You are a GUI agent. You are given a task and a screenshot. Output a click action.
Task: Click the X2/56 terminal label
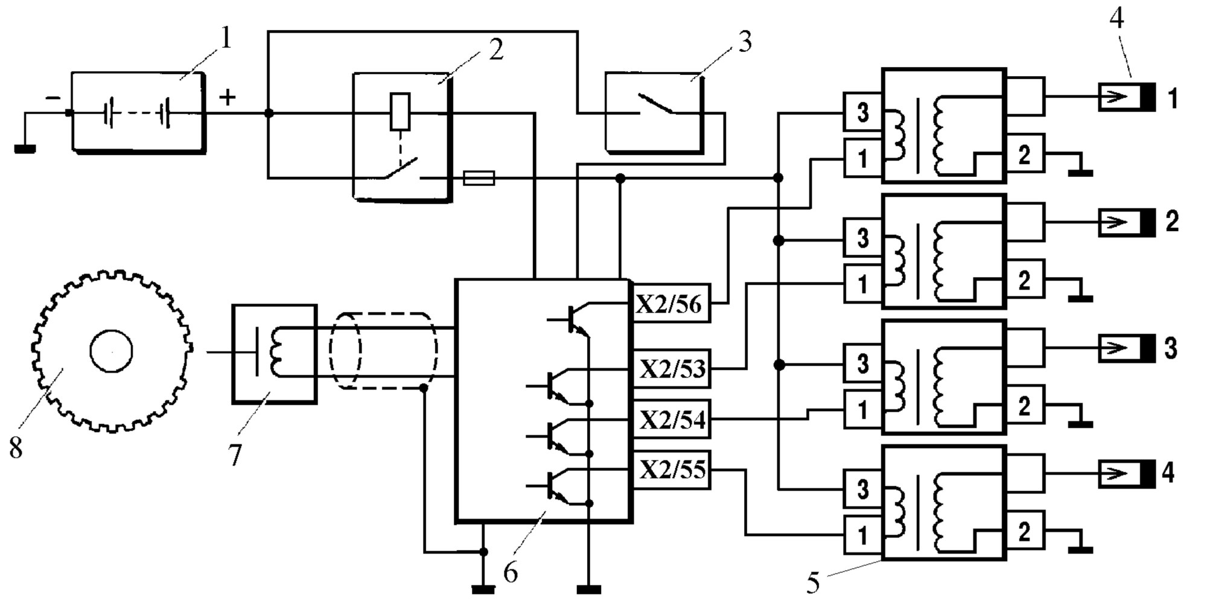tap(669, 304)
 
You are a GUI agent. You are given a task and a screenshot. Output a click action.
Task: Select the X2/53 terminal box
tap(671, 368)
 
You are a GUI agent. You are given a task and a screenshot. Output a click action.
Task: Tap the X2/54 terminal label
tap(672, 419)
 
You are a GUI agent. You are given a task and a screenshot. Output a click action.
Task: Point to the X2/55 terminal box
tap(671, 470)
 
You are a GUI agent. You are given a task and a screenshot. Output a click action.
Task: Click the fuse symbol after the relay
tap(479, 178)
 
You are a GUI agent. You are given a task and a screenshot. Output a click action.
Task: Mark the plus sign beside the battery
tap(227, 97)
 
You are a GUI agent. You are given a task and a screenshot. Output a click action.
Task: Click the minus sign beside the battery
tap(54, 97)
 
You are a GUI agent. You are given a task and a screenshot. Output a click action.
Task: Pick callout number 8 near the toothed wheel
tap(16, 447)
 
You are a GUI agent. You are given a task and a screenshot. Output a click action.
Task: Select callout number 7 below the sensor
tap(235, 455)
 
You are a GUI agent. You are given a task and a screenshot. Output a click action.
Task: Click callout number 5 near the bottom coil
tap(813, 583)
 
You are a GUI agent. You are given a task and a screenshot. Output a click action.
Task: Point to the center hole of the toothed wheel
tap(112, 351)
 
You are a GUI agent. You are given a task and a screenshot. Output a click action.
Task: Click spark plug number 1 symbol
tap(1126, 97)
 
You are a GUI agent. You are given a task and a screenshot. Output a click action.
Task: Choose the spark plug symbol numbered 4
tap(1126, 474)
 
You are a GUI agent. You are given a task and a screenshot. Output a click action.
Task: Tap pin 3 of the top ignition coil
tap(863, 112)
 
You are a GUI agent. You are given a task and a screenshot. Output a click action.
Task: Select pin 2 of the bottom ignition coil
tap(1024, 532)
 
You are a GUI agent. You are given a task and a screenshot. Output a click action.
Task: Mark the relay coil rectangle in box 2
tap(400, 112)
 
